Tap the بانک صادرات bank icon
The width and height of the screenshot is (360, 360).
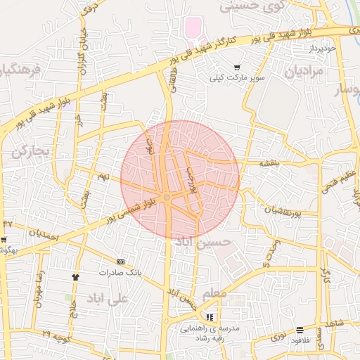point(120,261)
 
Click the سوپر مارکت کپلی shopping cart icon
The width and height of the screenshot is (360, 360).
point(237,67)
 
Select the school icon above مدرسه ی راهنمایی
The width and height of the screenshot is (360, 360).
point(211,317)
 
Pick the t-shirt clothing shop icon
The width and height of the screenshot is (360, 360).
point(75,276)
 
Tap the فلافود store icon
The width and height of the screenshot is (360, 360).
point(300,329)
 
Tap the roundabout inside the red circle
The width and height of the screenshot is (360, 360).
point(167,198)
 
